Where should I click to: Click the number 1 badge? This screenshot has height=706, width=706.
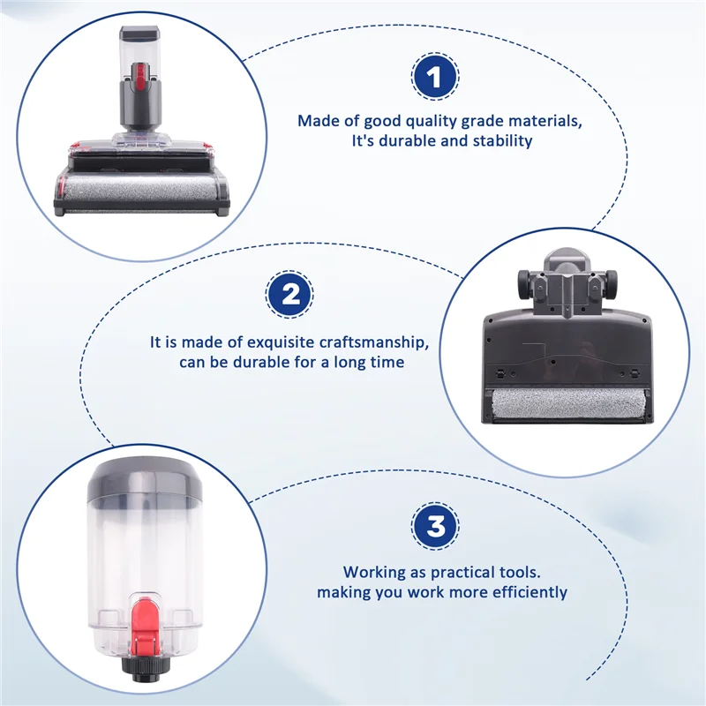434,78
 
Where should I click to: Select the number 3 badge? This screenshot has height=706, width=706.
435,528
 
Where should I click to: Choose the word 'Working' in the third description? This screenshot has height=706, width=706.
375,572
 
